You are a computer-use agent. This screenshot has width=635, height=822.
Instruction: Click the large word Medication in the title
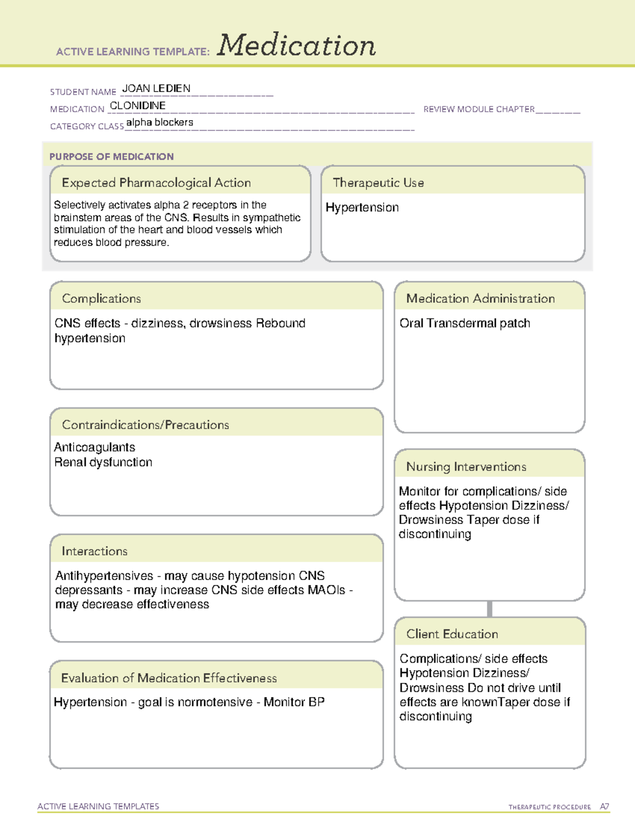tap(296, 46)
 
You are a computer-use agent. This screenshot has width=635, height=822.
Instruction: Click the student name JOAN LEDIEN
tap(156, 88)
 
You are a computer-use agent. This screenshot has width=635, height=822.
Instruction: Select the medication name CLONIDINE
tap(138, 105)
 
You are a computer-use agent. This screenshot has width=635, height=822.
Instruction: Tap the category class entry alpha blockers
tap(159, 122)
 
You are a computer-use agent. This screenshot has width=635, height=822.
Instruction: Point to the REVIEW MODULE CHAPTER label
tap(479, 109)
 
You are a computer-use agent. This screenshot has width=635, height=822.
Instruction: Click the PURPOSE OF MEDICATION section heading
tap(111, 157)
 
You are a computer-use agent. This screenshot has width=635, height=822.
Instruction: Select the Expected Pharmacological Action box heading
tap(156, 183)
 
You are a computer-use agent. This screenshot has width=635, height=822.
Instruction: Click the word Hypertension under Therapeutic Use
tap(362, 207)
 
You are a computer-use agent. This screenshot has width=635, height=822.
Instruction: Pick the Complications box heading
tap(101, 299)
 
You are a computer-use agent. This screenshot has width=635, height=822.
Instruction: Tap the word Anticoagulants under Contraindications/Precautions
tap(94, 447)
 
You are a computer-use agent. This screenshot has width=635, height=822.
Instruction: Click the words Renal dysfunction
tap(103, 462)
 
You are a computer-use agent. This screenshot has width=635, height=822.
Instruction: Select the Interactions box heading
tap(94, 551)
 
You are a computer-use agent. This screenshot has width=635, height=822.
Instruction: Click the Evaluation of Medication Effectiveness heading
tap(169, 678)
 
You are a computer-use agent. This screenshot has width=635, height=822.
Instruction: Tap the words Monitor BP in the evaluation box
tap(294, 702)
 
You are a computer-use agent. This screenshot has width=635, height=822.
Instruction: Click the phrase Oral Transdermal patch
tap(465, 323)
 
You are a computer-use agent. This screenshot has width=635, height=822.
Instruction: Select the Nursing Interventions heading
tap(466, 467)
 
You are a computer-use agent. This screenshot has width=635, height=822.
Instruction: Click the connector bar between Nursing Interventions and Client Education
tap(489, 609)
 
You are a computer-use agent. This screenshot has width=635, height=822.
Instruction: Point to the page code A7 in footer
tap(604, 807)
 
